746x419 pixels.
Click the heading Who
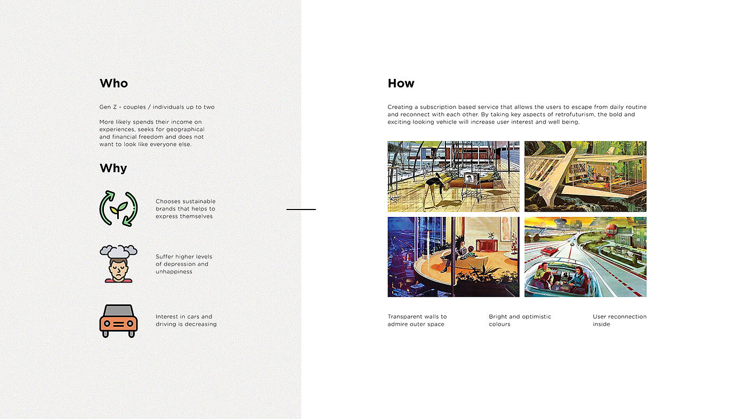tap(113, 84)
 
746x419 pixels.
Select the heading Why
tap(113, 168)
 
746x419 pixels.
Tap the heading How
tap(401, 84)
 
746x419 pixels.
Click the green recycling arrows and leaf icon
tap(118, 208)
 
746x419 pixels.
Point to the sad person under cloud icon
tap(118, 264)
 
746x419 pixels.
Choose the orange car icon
tap(118, 321)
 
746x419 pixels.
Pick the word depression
tap(179, 264)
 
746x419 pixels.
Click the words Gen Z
tap(108, 107)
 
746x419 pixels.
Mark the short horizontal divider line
tap(301, 209)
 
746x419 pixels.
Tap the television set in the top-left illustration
tap(471, 179)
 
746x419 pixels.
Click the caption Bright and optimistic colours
tap(520, 320)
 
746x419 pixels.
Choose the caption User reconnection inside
tap(619, 320)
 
